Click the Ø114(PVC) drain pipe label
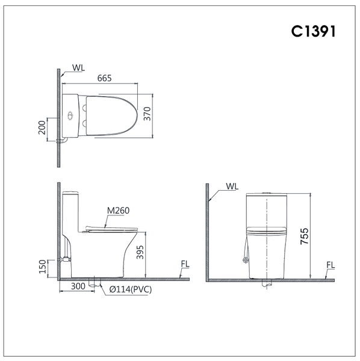(x=131, y=289)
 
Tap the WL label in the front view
(x=232, y=187)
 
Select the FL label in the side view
(x=185, y=265)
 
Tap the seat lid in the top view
(x=111, y=114)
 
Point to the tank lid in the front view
(x=266, y=195)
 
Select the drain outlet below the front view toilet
(x=266, y=285)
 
